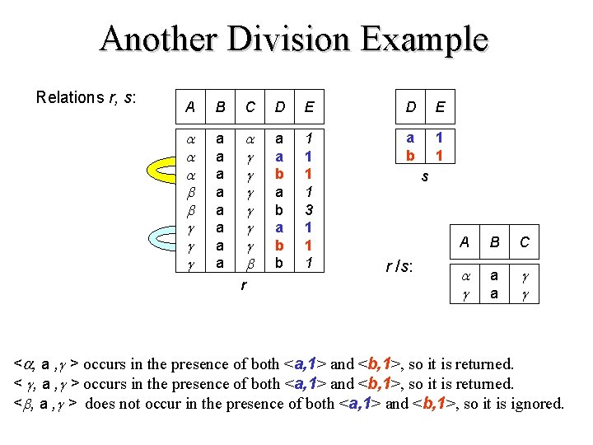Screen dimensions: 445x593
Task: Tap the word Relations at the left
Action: click(69, 97)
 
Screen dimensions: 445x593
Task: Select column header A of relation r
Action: click(190, 106)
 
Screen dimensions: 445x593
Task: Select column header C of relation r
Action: click(251, 106)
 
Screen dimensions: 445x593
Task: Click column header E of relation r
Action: click(309, 106)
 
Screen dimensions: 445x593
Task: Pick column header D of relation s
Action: click(410, 106)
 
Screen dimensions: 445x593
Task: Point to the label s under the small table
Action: click(424, 176)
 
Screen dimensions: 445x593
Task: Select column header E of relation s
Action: click(441, 106)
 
